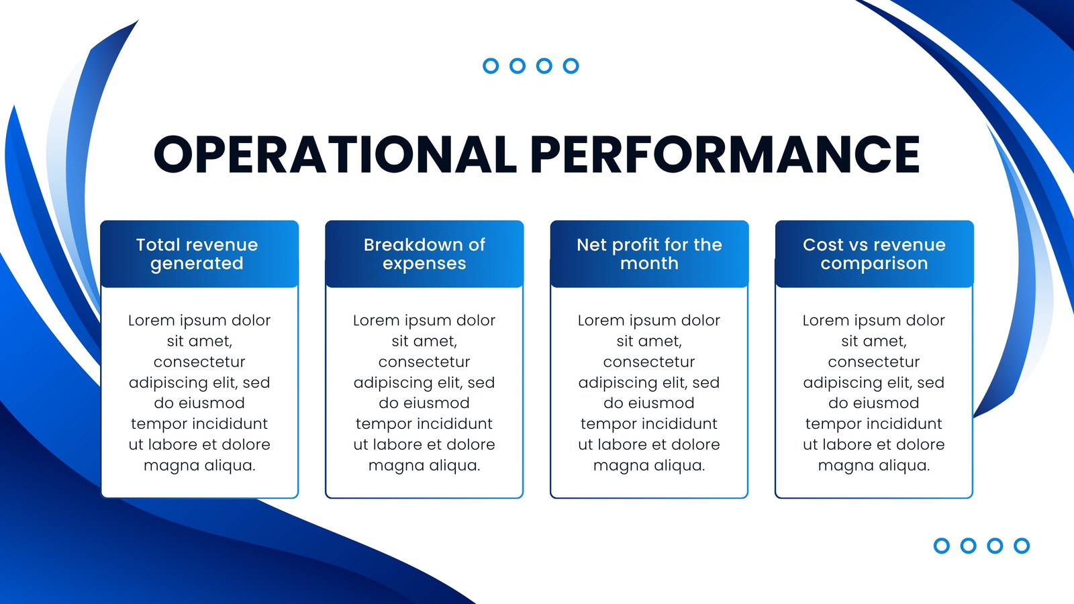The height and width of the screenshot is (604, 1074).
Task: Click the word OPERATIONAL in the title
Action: pyautogui.click(x=335, y=154)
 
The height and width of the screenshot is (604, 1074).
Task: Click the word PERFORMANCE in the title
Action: pyautogui.click(x=725, y=154)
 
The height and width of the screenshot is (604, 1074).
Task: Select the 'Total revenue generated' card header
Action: pyautogui.click(x=199, y=254)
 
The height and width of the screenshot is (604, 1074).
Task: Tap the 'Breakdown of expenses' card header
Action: pyautogui.click(x=424, y=254)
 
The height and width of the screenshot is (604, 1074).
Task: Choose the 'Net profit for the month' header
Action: pyautogui.click(x=649, y=254)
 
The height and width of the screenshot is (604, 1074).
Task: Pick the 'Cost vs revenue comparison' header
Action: pyautogui.click(x=874, y=254)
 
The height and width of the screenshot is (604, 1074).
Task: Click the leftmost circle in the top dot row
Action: pyautogui.click(x=491, y=66)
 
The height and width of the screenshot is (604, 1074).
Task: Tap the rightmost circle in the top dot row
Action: pyautogui.click(x=571, y=66)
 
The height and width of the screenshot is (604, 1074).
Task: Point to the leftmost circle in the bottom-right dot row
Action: pyautogui.click(x=942, y=546)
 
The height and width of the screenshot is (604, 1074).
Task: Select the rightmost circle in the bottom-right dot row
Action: pyautogui.click(x=1022, y=546)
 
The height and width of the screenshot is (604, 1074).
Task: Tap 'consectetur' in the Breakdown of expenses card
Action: pyautogui.click(x=424, y=362)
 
